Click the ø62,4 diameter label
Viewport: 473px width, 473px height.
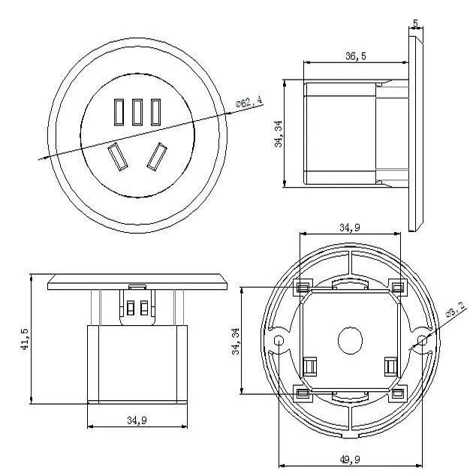click(249, 101)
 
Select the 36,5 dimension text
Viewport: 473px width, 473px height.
click(356, 56)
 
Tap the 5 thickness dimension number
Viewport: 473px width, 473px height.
click(416, 23)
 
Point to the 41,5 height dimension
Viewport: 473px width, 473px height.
click(25, 339)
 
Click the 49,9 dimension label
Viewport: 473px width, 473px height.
click(350, 459)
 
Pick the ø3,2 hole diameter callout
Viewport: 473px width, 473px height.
click(456, 310)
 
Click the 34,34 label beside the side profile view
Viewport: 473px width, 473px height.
click(278, 134)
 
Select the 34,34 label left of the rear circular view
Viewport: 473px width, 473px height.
click(235, 341)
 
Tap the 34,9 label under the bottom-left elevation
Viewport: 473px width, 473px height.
click(137, 420)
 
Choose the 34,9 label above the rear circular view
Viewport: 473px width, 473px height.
click(350, 227)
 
